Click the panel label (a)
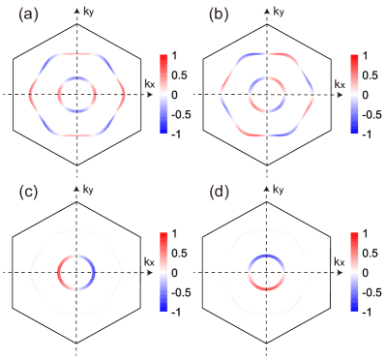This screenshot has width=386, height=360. point(27,16)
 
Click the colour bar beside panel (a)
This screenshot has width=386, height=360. point(164,93)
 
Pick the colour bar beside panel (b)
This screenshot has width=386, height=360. point(354,93)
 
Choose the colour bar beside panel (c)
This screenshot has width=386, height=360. point(164,271)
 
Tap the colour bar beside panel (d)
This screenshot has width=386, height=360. point(354,271)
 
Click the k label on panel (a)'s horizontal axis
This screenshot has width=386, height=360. point(146,83)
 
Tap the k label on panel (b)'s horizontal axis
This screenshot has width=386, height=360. point(337,83)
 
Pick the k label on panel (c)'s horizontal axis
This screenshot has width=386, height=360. point(146,261)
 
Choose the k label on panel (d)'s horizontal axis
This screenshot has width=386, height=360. point(337,261)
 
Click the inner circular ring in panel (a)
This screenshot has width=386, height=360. point(60,95)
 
